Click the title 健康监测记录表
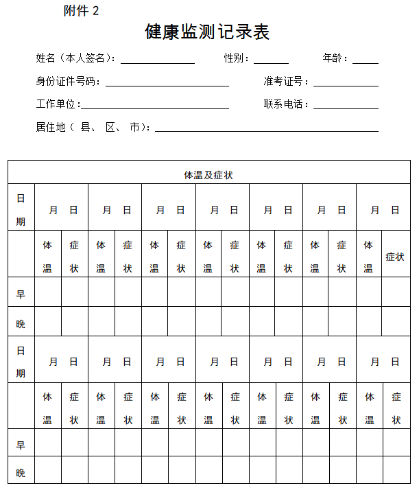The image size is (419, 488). pyautogui.click(x=207, y=32)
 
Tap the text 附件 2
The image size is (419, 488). pyautogui.click(x=81, y=10)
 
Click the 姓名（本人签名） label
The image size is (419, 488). pyautogui.click(x=75, y=58)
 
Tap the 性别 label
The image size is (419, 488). pyautogui.click(x=236, y=58)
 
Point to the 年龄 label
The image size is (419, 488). pyautogui.click(x=335, y=58)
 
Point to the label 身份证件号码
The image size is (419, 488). pyautogui.click(x=68, y=82)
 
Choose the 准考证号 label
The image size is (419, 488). pyautogui.click(x=285, y=82)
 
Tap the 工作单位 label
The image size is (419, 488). pyautogui.click(x=58, y=104)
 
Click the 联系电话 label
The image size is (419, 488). pyautogui.click(x=285, y=104)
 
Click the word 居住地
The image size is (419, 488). pyautogui.click(x=50, y=127)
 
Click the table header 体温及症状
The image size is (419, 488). pyautogui.click(x=208, y=175)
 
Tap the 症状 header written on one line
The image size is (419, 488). pyautogui.click(x=395, y=257)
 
